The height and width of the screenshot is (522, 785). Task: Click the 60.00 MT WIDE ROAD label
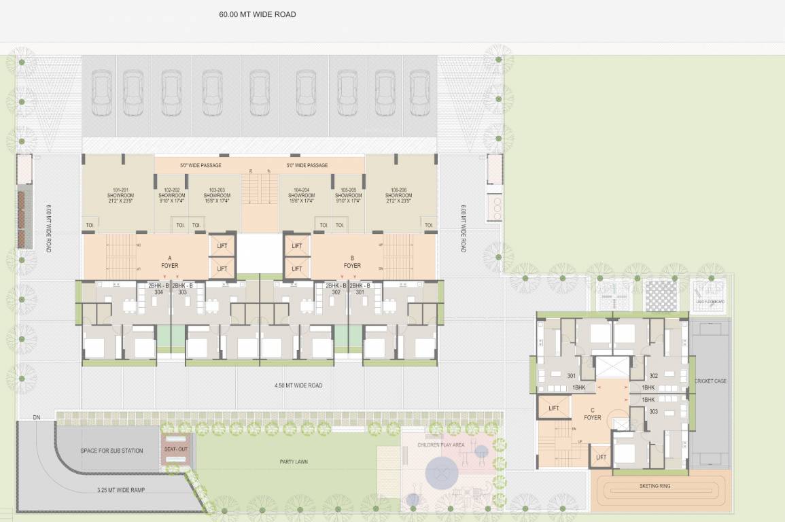(257, 14)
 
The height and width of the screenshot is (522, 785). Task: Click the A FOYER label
(169, 262)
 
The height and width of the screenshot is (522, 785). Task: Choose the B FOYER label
(352, 262)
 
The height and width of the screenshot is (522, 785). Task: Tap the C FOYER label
(593, 414)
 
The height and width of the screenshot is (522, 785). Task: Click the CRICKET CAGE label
(710, 381)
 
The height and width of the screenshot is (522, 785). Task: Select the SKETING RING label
(655, 487)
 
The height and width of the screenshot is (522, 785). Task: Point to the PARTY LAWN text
(294, 462)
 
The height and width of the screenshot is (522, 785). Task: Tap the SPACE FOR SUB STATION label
(111, 451)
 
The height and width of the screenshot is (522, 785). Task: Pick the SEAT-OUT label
(175, 450)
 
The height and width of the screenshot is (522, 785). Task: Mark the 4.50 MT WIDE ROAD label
(298, 385)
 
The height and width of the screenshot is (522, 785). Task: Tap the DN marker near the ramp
(37, 417)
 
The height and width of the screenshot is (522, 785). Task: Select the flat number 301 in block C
(571, 376)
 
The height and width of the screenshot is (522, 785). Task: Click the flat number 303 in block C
(653, 412)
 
